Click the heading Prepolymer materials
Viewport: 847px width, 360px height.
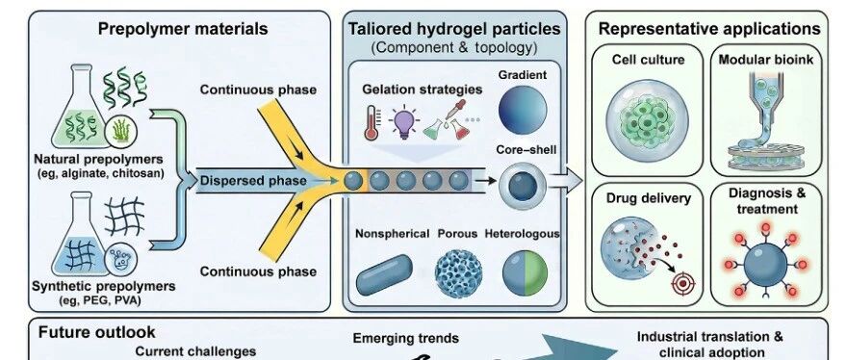coord(183,29)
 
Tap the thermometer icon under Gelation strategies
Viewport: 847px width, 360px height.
coord(372,122)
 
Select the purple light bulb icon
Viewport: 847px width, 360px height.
coord(404,122)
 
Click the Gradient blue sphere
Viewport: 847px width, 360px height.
coord(523,110)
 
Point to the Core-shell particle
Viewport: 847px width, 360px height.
coord(523,187)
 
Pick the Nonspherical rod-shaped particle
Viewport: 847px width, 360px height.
coord(385,274)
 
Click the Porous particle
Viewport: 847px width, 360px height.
coord(458,273)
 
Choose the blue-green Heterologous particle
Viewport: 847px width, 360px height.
coord(526,273)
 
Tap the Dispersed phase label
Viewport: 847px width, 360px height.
coord(253,181)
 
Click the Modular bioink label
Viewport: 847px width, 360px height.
coord(765,60)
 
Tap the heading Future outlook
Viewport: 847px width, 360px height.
coord(96,332)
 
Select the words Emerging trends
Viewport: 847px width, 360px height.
coord(405,339)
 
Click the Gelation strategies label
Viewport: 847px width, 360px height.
coord(423,90)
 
